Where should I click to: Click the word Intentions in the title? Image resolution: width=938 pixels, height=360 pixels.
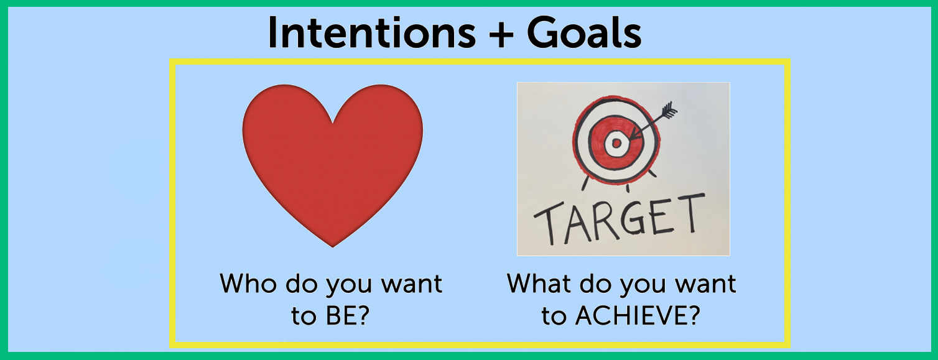tap(372, 33)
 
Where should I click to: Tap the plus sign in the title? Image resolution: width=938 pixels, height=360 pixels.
tap(501, 34)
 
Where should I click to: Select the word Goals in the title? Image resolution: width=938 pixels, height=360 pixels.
tap(584, 33)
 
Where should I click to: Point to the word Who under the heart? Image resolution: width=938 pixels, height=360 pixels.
tap(248, 284)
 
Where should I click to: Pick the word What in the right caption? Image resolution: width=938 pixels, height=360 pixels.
tap(540, 284)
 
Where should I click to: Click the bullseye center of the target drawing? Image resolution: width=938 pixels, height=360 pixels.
tap(616, 144)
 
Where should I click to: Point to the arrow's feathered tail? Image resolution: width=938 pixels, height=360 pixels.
tap(668, 109)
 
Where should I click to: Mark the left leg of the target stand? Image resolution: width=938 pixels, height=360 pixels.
tap(585, 183)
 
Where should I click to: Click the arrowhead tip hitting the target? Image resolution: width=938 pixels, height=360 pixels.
tap(630, 138)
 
